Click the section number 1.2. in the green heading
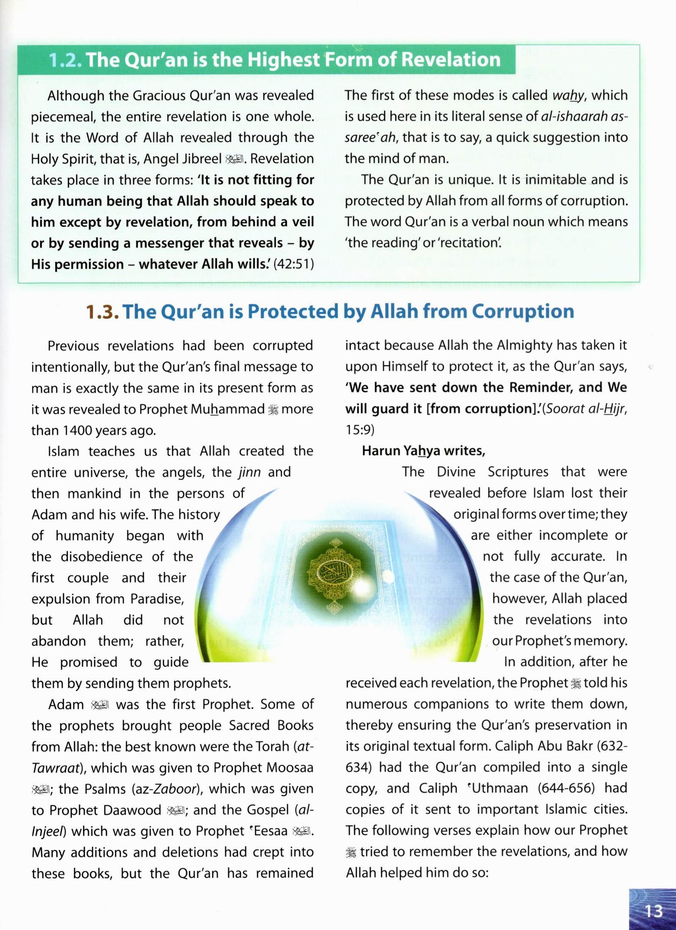(65, 60)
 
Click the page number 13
(654, 911)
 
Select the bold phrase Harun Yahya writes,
(423, 451)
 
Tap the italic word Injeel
(48, 831)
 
